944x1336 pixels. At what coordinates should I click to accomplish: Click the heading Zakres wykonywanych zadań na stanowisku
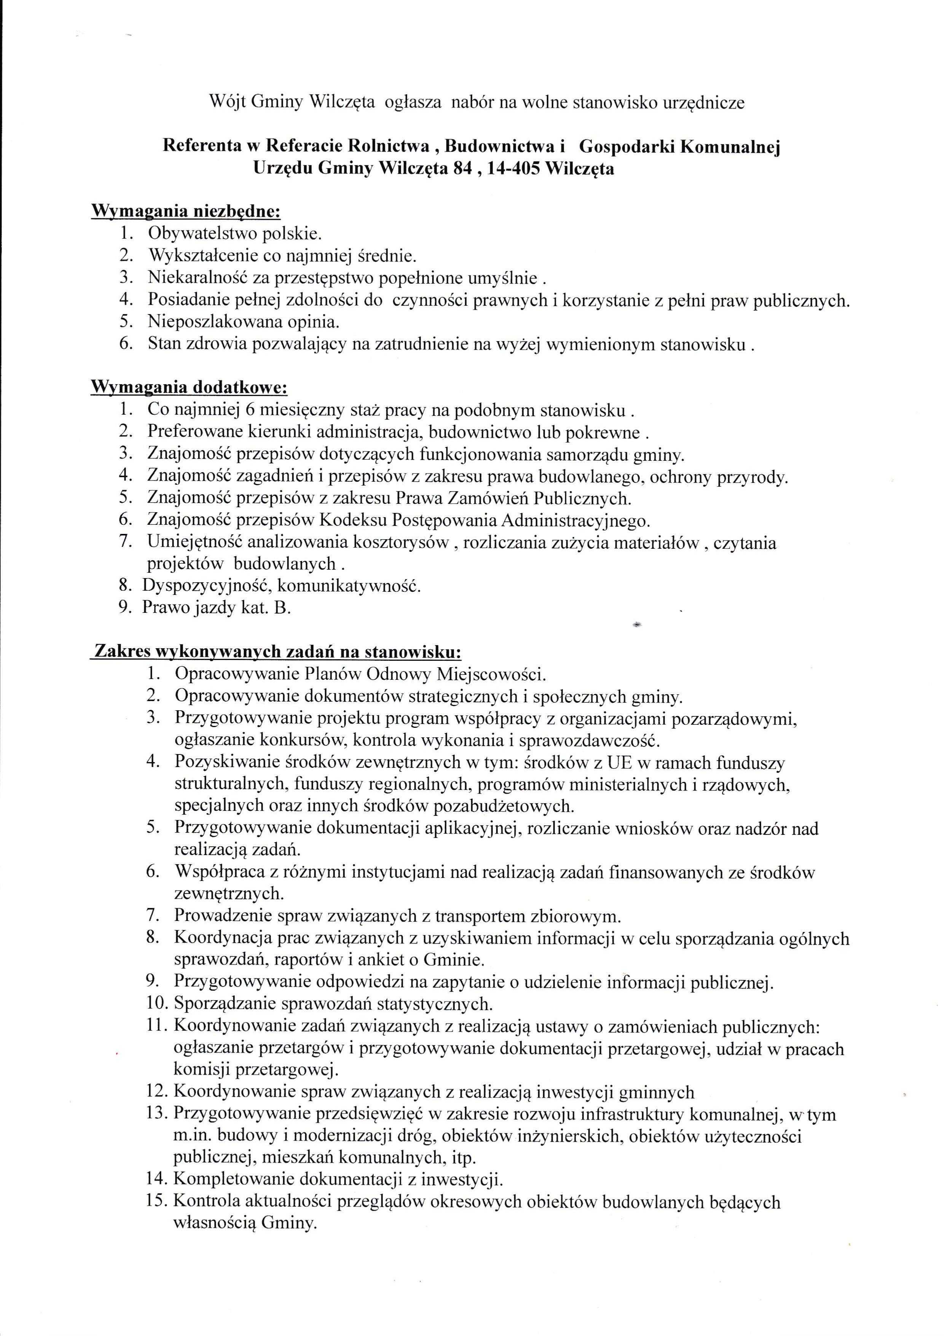pyautogui.click(x=277, y=651)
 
